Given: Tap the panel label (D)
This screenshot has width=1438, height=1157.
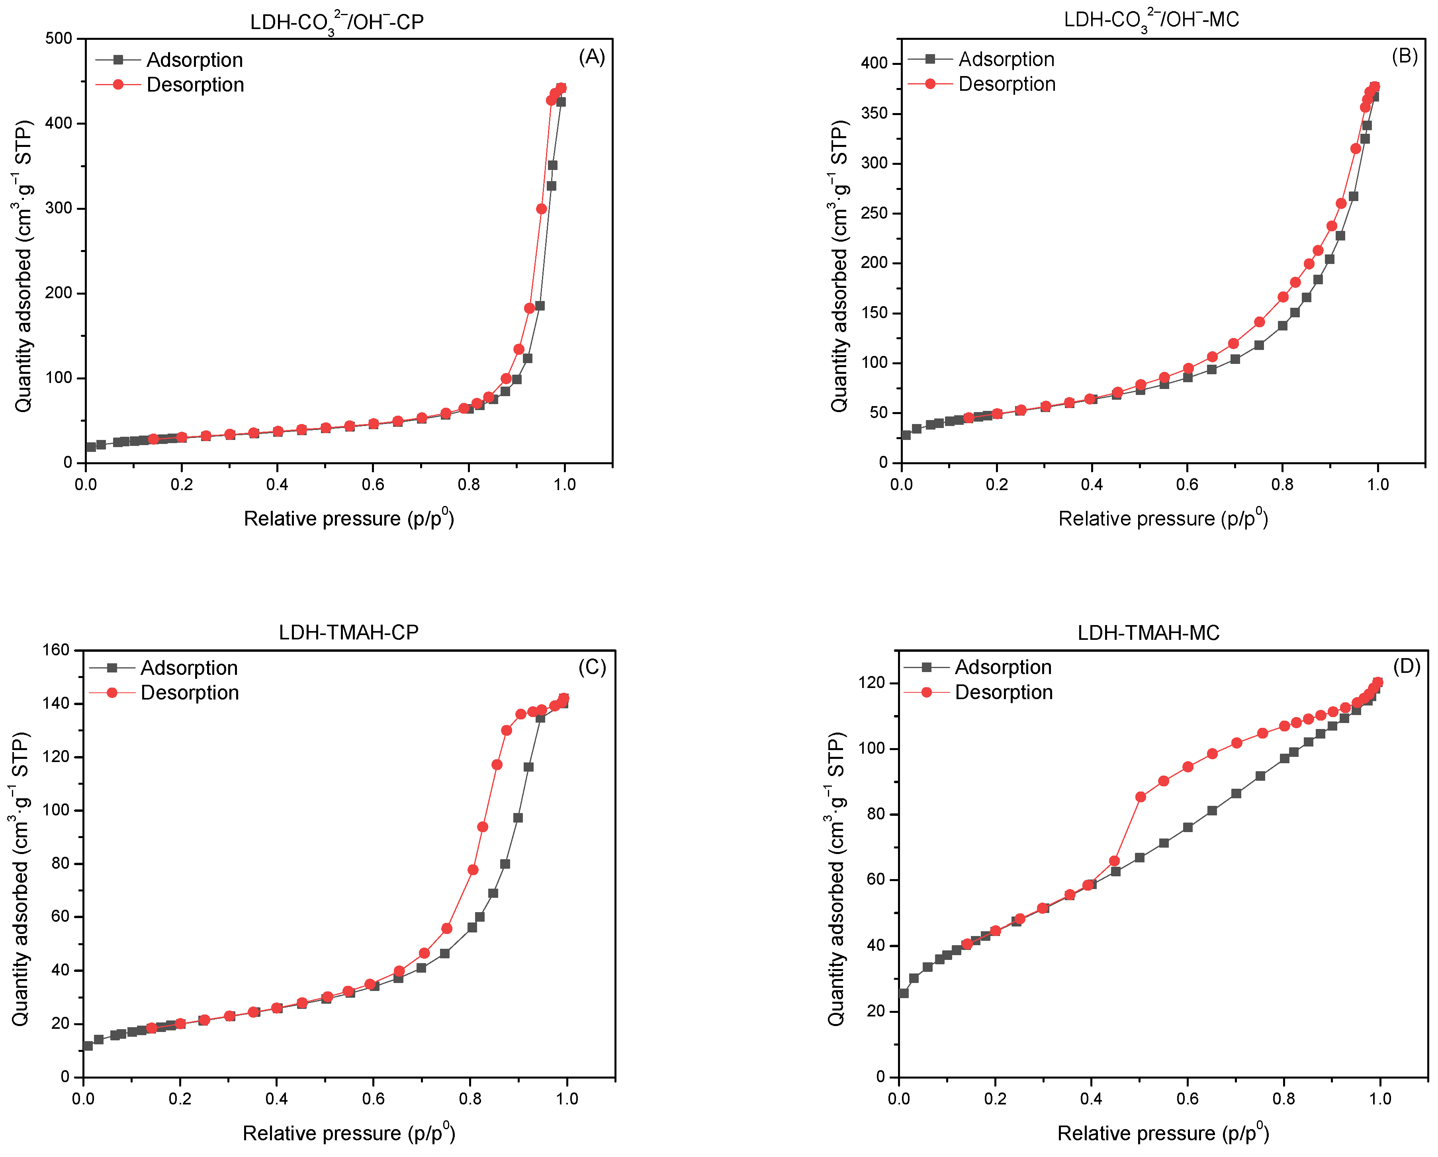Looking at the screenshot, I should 1406,666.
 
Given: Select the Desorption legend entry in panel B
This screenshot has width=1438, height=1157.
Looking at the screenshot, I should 1006,84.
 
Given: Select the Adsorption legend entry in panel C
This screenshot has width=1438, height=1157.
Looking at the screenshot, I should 189,668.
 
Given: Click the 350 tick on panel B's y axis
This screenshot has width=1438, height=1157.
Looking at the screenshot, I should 875,113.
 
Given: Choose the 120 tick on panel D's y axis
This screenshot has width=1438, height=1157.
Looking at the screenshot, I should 872,683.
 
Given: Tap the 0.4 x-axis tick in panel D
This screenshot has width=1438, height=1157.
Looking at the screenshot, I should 1091,1098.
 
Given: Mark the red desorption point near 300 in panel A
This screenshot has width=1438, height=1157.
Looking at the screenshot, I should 542,209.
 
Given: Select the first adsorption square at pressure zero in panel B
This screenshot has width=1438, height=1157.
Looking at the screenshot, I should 906,435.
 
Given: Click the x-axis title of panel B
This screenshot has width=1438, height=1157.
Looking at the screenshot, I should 1162,518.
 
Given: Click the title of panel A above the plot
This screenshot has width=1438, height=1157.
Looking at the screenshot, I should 337,22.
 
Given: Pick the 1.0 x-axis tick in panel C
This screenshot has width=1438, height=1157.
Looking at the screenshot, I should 567,1098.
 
